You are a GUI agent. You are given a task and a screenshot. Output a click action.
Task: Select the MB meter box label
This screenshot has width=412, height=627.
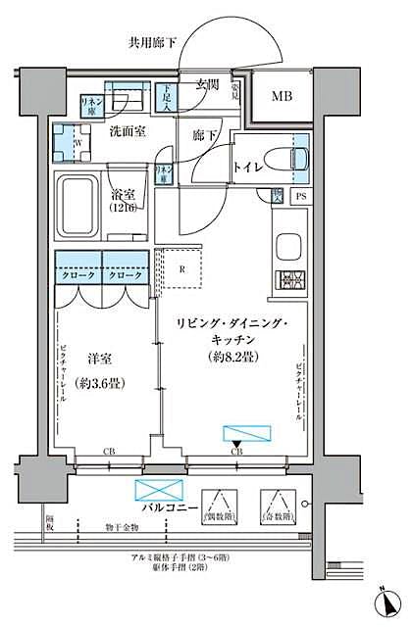(x=281, y=96)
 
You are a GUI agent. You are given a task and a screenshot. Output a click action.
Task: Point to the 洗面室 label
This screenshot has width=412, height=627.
(x=129, y=131)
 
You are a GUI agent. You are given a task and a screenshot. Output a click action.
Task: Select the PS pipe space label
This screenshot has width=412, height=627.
(x=299, y=196)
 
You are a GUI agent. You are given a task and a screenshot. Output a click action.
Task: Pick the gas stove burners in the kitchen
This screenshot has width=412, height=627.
(x=290, y=281)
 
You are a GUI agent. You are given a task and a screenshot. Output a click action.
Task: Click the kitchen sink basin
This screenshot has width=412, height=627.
(x=289, y=244)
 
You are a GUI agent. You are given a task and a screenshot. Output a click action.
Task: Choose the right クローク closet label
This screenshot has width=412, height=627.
(x=125, y=276)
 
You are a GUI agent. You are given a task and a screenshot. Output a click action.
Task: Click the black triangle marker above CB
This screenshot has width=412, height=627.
(x=235, y=443)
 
